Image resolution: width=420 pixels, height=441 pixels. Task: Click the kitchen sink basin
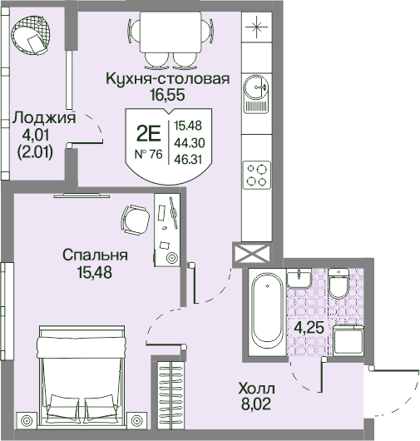pyautogui.click(x=255, y=87)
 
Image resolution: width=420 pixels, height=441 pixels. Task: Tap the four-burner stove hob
pyautogui.click(x=257, y=175)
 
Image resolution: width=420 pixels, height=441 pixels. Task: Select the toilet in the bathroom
pyautogui.click(x=338, y=283)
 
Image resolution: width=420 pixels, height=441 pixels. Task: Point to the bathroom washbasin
pyautogui.click(x=299, y=278)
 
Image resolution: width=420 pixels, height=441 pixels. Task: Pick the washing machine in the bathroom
pyautogui.click(x=348, y=339)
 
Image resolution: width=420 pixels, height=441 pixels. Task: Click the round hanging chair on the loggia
pyautogui.click(x=32, y=35)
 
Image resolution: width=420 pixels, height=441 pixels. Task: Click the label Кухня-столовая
pyautogui.click(x=167, y=79)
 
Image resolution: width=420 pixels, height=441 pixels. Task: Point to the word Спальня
pyautogui.click(x=95, y=255)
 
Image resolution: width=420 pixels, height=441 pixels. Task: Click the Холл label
pyautogui.click(x=256, y=389)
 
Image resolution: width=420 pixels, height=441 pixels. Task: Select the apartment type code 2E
pyautogui.click(x=148, y=134)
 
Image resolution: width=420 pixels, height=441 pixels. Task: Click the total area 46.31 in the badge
pyautogui.click(x=188, y=160)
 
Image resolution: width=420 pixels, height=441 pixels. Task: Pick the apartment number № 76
pyautogui.click(x=149, y=154)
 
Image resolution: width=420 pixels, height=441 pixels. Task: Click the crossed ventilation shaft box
pyautogui.click(x=252, y=255)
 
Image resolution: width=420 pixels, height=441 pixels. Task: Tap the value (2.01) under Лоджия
pyautogui.click(x=35, y=153)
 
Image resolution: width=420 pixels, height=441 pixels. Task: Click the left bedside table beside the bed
pyautogui.click(x=27, y=421)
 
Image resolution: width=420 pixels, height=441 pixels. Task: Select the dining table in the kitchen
pyautogui.click(x=170, y=32)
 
